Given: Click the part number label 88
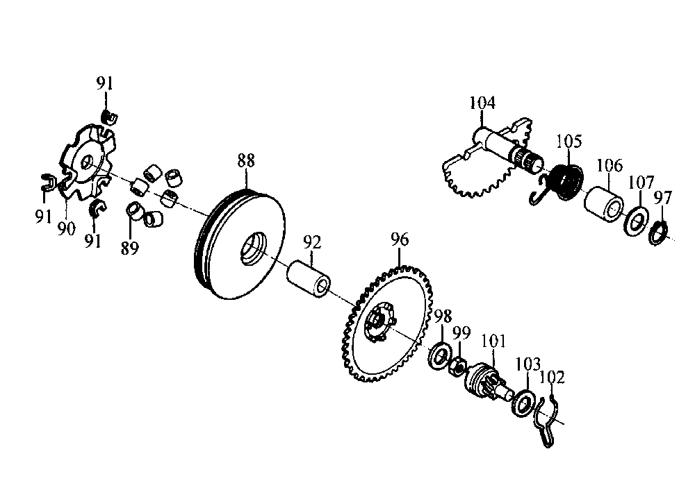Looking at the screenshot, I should tap(246, 161).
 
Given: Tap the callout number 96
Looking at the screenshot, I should tap(399, 241).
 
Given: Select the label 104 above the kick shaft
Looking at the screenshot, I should tap(482, 103).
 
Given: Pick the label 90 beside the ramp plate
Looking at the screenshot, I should tap(66, 229).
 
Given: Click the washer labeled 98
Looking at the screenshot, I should tap(440, 355).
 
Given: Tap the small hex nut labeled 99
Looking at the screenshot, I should tap(458, 365).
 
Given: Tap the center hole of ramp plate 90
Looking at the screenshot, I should tap(87, 162).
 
